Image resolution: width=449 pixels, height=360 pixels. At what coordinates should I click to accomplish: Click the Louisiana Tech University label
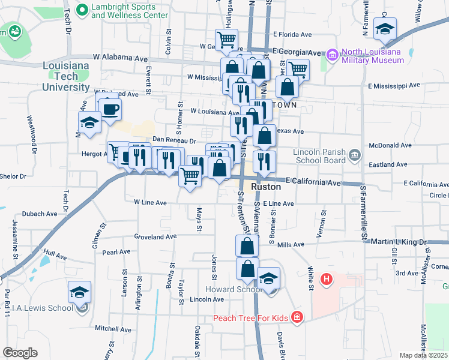tap(66, 76)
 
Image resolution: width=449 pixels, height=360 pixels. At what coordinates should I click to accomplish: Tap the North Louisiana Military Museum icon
tap(333, 55)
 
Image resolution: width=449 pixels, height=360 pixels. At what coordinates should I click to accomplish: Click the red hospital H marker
tap(327, 279)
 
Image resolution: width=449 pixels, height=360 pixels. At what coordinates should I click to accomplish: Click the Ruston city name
tap(266, 187)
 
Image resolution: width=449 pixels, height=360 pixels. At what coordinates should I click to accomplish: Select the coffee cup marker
tap(110, 109)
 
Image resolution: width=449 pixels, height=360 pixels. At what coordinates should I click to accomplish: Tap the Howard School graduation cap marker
tap(269, 278)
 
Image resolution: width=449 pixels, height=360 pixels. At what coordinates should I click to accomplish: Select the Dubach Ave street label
tap(40, 213)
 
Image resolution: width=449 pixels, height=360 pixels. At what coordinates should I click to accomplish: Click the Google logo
tap(20, 353)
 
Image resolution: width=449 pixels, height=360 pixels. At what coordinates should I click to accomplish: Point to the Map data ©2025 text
tap(423, 355)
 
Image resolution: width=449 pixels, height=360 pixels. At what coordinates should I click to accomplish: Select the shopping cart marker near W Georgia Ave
tap(227, 40)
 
